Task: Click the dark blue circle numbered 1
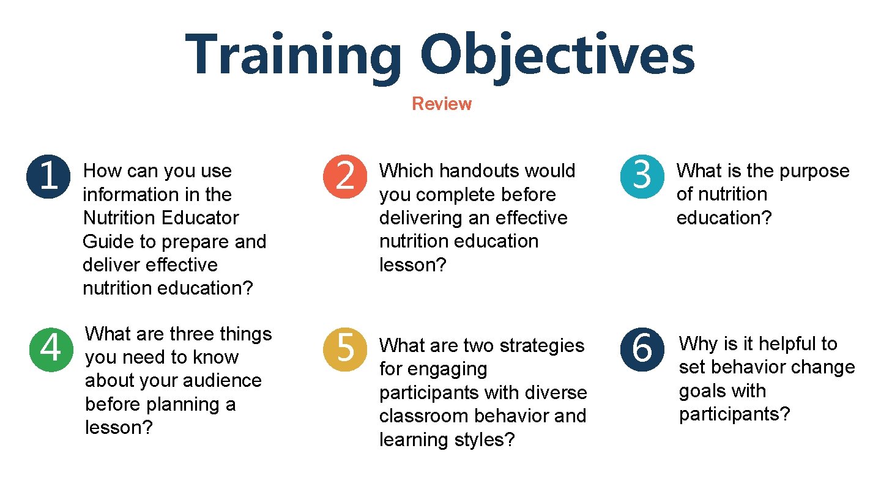click(48, 175)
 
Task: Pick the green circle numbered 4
click(51, 349)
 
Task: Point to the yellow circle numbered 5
click(345, 349)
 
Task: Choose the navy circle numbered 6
click(642, 349)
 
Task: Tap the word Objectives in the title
click(557, 56)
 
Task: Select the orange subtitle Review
click(441, 104)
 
